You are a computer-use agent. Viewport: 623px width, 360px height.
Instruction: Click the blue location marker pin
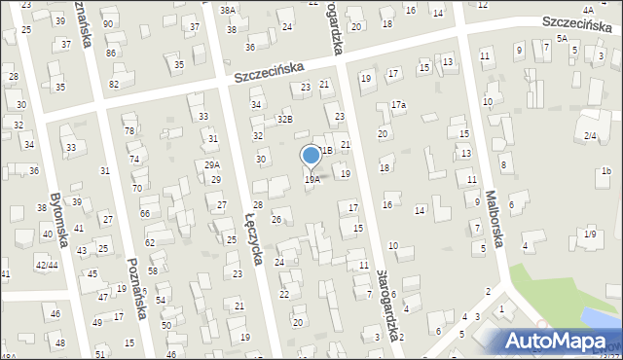click(x=311, y=156)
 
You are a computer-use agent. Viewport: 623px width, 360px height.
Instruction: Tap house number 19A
click(x=312, y=179)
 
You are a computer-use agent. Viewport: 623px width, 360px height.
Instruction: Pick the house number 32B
click(x=284, y=119)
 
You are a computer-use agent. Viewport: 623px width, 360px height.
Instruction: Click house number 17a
click(x=399, y=104)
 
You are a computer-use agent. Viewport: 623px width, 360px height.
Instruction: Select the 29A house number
click(x=211, y=165)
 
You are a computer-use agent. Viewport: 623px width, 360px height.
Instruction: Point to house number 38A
click(x=227, y=10)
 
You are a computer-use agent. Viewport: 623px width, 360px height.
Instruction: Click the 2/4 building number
click(x=590, y=136)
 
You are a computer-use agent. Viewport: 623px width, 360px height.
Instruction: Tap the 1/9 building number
click(x=590, y=234)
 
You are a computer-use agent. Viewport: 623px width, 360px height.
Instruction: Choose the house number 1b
click(x=605, y=171)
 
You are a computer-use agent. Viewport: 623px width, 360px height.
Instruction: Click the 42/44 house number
click(x=46, y=265)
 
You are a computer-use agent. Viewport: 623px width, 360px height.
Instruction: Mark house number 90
click(x=107, y=23)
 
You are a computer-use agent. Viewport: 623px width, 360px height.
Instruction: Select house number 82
click(x=114, y=84)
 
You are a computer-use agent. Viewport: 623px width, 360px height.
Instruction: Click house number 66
click(x=145, y=213)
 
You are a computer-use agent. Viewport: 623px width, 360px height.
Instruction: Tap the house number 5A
click(x=562, y=37)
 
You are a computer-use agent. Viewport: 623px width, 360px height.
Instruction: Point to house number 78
click(x=129, y=130)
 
